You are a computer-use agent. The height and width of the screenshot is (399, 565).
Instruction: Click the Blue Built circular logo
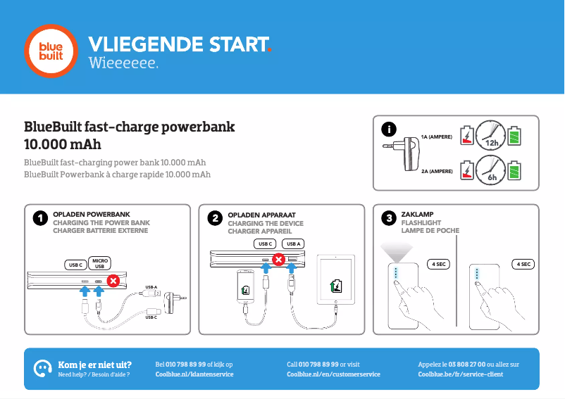[50, 50]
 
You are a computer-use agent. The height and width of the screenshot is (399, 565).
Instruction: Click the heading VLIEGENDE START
[178, 44]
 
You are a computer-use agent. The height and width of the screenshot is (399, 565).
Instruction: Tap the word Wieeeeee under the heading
[123, 64]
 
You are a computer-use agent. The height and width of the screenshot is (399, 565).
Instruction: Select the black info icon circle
[388, 129]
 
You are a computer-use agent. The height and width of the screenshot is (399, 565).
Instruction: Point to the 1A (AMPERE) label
[437, 137]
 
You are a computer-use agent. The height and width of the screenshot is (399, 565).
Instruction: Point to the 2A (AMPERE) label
[437, 171]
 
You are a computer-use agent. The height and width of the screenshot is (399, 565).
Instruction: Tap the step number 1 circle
[40, 219]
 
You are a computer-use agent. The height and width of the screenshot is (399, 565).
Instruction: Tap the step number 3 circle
[388, 219]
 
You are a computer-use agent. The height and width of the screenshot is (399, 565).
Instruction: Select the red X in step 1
[113, 281]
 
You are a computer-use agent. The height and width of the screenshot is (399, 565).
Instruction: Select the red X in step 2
[278, 260]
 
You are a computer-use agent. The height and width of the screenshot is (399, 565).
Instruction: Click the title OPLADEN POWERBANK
[92, 214]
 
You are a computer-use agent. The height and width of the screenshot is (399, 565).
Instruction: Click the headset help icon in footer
[43, 368]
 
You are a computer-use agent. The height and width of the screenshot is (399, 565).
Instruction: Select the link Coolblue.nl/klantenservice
[194, 374]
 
